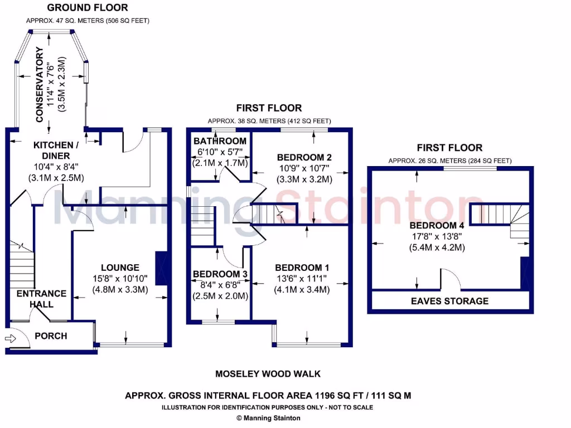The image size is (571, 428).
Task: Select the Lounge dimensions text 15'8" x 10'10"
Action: (120, 278)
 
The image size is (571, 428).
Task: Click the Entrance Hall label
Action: (41, 299)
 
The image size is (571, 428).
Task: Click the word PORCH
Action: (51, 336)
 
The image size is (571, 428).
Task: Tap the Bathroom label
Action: (219, 141)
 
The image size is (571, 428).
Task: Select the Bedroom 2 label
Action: (304, 157)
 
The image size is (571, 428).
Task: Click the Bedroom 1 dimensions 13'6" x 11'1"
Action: (302, 279)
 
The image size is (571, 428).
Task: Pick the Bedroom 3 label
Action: (220, 274)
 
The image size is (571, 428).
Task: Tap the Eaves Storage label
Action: (451, 301)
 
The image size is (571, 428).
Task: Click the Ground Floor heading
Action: (87, 8)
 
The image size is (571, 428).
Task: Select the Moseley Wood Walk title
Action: (268, 374)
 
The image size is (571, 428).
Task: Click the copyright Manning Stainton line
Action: (268, 418)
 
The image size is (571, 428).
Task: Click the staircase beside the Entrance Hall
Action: (21, 262)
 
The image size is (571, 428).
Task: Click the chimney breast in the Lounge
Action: (161, 269)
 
